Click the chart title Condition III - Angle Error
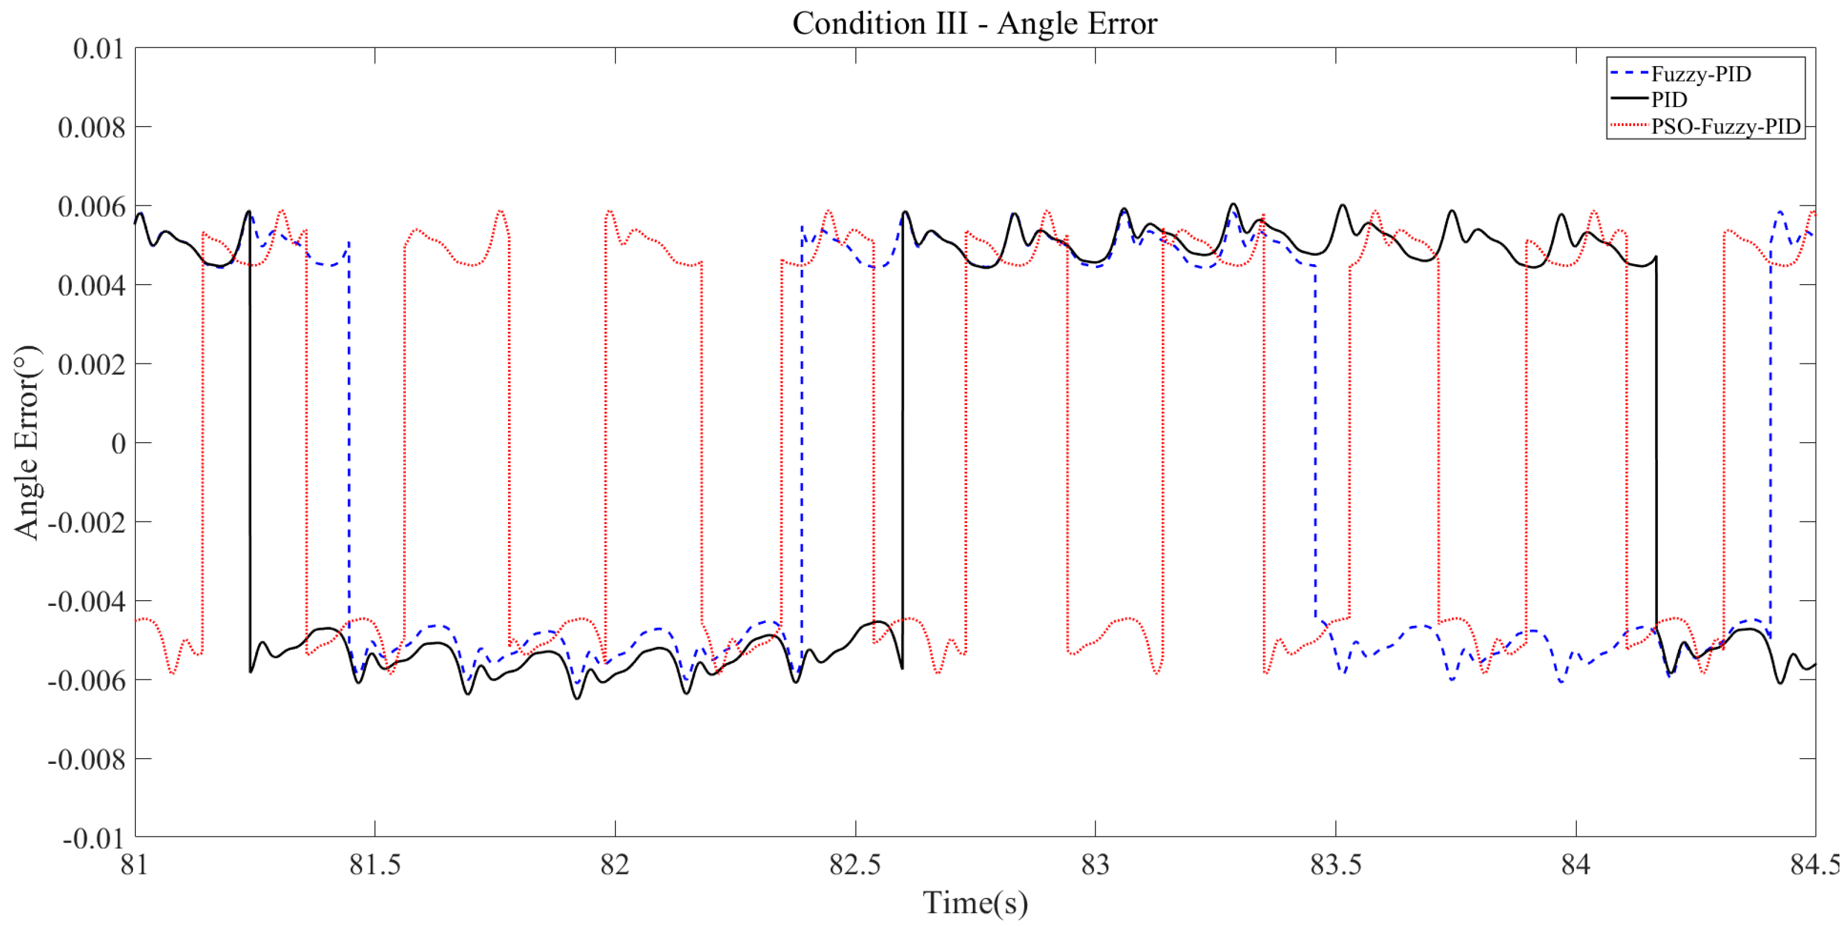click(x=973, y=23)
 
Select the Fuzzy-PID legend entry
click(x=1700, y=74)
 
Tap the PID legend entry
click(x=1669, y=100)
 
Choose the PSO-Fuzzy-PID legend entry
click(x=1725, y=126)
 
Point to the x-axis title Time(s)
click(x=974, y=902)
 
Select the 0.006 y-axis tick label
click(x=91, y=207)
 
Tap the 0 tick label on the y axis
click(x=118, y=444)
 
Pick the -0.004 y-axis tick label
click(x=86, y=601)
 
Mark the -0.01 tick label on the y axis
click(x=93, y=838)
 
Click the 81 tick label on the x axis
click(x=134, y=865)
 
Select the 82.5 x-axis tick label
click(x=855, y=865)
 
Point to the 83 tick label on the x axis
click(x=1095, y=865)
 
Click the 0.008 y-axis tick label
click(x=91, y=128)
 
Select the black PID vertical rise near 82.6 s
click(x=903, y=444)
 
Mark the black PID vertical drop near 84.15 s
click(x=1656, y=444)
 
